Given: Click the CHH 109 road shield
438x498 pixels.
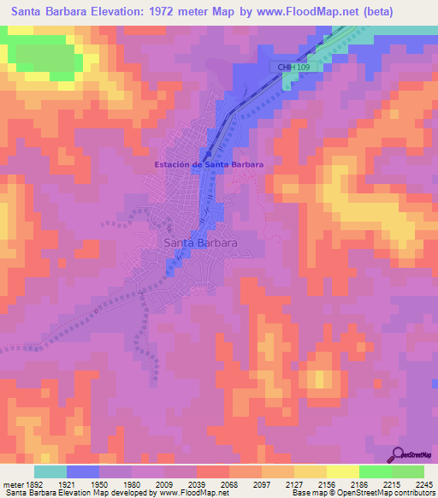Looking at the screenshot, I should tap(287, 66).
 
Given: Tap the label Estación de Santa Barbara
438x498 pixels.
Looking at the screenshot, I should tap(208, 164).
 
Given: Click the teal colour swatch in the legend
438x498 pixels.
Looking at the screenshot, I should tap(50, 471).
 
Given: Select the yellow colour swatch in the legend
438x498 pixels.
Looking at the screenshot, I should tap(343, 471).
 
